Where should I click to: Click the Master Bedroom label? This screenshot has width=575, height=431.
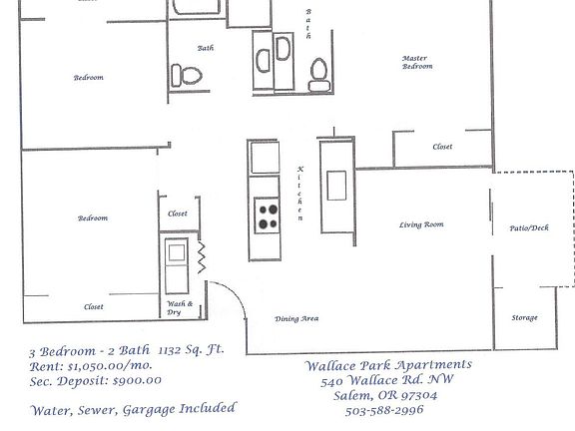tap(417, 62)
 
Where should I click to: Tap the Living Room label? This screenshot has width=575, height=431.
tap(420, 224)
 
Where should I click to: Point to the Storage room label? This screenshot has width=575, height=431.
tap(525, 317)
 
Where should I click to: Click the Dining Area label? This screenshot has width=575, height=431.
tap(296, 318)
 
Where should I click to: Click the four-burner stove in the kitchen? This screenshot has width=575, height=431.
tap(268, 215)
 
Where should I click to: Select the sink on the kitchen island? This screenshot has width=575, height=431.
tap(336, 186)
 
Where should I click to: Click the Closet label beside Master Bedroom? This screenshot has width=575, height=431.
tap(442, 147)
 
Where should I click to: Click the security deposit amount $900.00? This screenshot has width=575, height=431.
tap(121, 380)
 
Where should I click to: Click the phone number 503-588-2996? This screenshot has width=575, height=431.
tap(383, 410)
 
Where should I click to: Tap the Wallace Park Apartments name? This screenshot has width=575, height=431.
tap(388, 365)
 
